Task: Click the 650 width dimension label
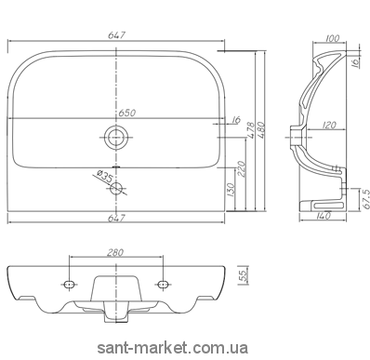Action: pyautogui.click(x=126, y=113)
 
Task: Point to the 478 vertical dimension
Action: pyautogui.click(x=251, y=130)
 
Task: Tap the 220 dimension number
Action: pyautogui.click(x=242, y=168)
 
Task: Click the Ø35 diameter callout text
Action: pyautogui.click(x=104, y=176)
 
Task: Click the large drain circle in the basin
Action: pyautogui.click(x=116, y=138)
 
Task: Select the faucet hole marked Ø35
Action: pyautogui.click(x=116, y=188)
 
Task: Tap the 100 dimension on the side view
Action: pyautogui.click(x=333, y=38)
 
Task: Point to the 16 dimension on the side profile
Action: pyautogui.click(x=356, y=62)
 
